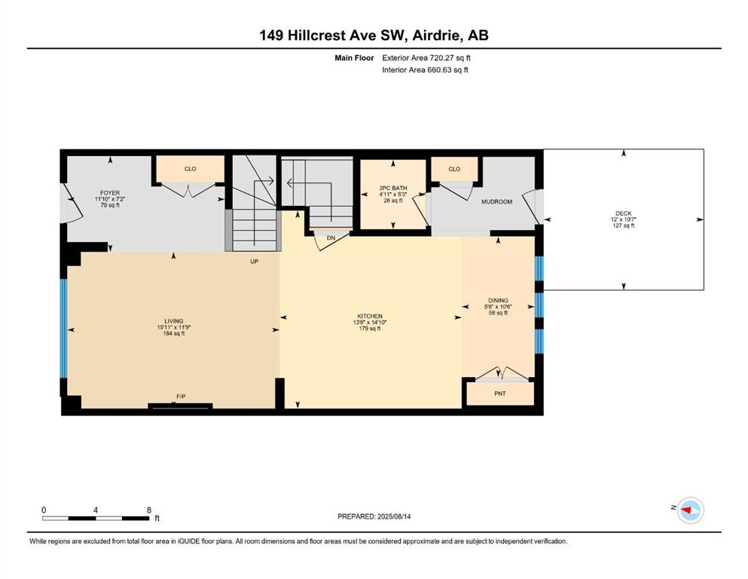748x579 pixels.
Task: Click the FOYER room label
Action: [x=110, y=193]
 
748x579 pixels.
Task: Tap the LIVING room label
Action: [x=174, y=321]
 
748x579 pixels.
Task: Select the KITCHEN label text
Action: [x=370, y=316]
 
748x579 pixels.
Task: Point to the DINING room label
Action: [x=498, y=301]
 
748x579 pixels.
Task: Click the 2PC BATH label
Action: [x=393, y=188]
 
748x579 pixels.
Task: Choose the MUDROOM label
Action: [x=496, y=202]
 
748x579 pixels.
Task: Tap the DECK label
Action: [x=623, y=213]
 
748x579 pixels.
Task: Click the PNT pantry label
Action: [x=500, y=394]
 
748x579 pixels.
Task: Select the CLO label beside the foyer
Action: [x=191, y=169]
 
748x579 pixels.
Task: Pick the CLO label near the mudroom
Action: [x=454, y=169]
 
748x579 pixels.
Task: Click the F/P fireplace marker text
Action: [x=181, y=397]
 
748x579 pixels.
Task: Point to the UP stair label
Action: [x=255, y=262]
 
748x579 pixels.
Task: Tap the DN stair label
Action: [x=331, y=237]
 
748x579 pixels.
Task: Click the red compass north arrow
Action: [x=686, y=510]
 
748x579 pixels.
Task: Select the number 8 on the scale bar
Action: [x=149, y=510]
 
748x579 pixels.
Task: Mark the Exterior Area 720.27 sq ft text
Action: [x=426, y=58]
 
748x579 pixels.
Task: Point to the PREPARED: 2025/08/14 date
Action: [x=374, y=516]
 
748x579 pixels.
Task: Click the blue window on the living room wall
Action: [x=63, y=329]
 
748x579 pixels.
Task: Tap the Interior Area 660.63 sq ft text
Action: [x=425, y=69]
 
